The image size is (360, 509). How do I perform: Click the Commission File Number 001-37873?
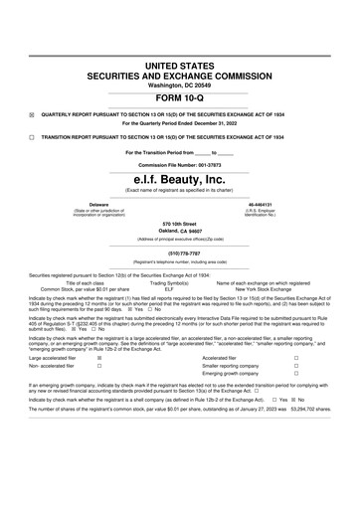click(180, 164)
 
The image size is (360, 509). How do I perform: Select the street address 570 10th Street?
click(180, 225)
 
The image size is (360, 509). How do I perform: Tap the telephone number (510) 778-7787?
click(180, 253)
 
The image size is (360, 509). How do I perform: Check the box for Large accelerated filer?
click(99, 358)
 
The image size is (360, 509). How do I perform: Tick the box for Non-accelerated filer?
click(99, 367)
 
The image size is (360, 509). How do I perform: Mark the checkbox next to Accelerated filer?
click(324, 358)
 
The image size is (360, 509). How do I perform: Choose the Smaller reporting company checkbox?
click(324, 367)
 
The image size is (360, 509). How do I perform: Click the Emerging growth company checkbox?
click(324, 376)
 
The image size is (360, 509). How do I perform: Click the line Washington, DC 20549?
click(180, 84)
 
